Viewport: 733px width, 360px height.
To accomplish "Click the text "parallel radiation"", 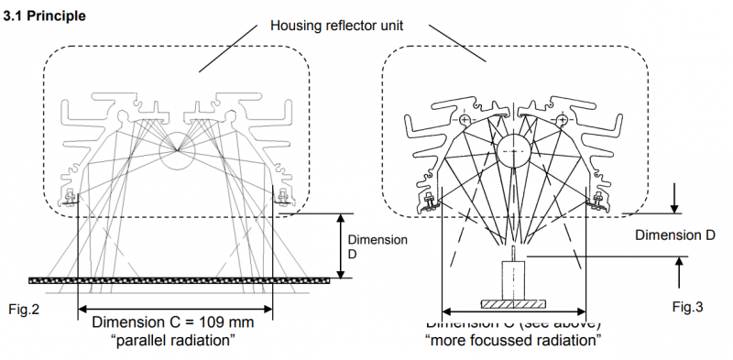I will [176, 341].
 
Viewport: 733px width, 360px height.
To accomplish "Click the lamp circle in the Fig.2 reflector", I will [177, 147].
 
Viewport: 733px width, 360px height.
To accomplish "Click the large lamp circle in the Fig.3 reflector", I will [514, 145].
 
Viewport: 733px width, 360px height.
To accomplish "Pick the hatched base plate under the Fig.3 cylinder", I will [514, 302].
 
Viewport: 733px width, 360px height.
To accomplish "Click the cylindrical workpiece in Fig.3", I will [514, 278].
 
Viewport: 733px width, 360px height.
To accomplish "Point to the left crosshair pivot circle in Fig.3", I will [465, 120].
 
